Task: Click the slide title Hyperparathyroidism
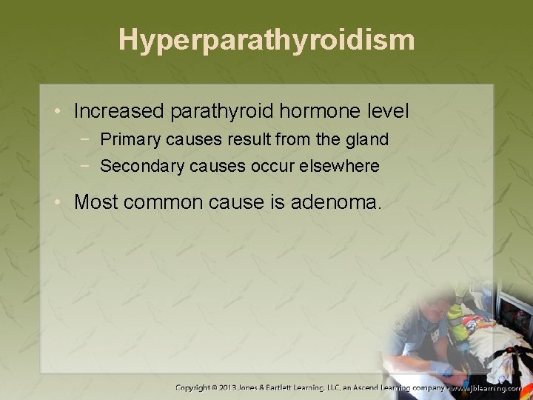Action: [266, 41]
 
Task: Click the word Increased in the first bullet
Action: [119, 112]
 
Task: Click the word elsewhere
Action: [344, 166]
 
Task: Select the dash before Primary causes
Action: [88, 139]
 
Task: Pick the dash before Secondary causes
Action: [88, 166]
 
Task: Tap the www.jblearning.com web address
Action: [489, 387]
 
